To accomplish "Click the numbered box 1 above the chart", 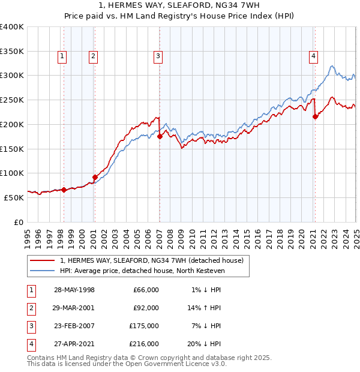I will tap(62, 56).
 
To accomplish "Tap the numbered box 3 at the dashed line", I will tap(158, 56).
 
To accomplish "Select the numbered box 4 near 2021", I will tap(313, 56).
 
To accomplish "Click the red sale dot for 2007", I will tap(160, 137).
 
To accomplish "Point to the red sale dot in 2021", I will tap(316, 117).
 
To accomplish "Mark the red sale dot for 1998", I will tap(64, 190).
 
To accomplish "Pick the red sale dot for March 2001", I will tap(95, 177).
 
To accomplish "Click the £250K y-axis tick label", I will tap(12, 100).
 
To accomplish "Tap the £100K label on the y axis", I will tap(12, 173).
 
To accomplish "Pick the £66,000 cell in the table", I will tap(146, 290).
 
